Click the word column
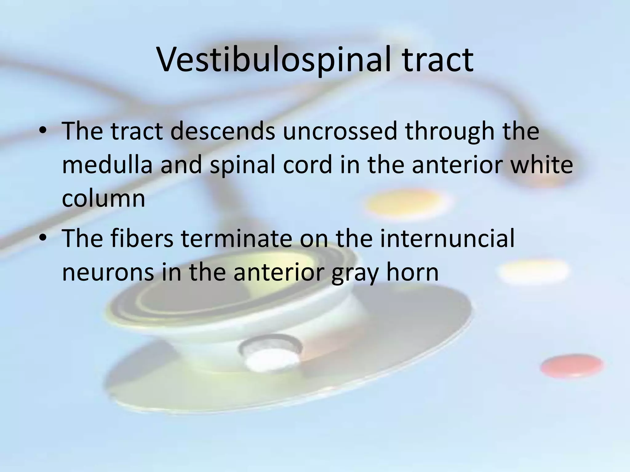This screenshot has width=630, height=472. (103, 199)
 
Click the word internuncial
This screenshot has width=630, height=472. (447, 238)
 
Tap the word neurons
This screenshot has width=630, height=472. (108, 272)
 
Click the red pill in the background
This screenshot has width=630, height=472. (572, 366)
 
